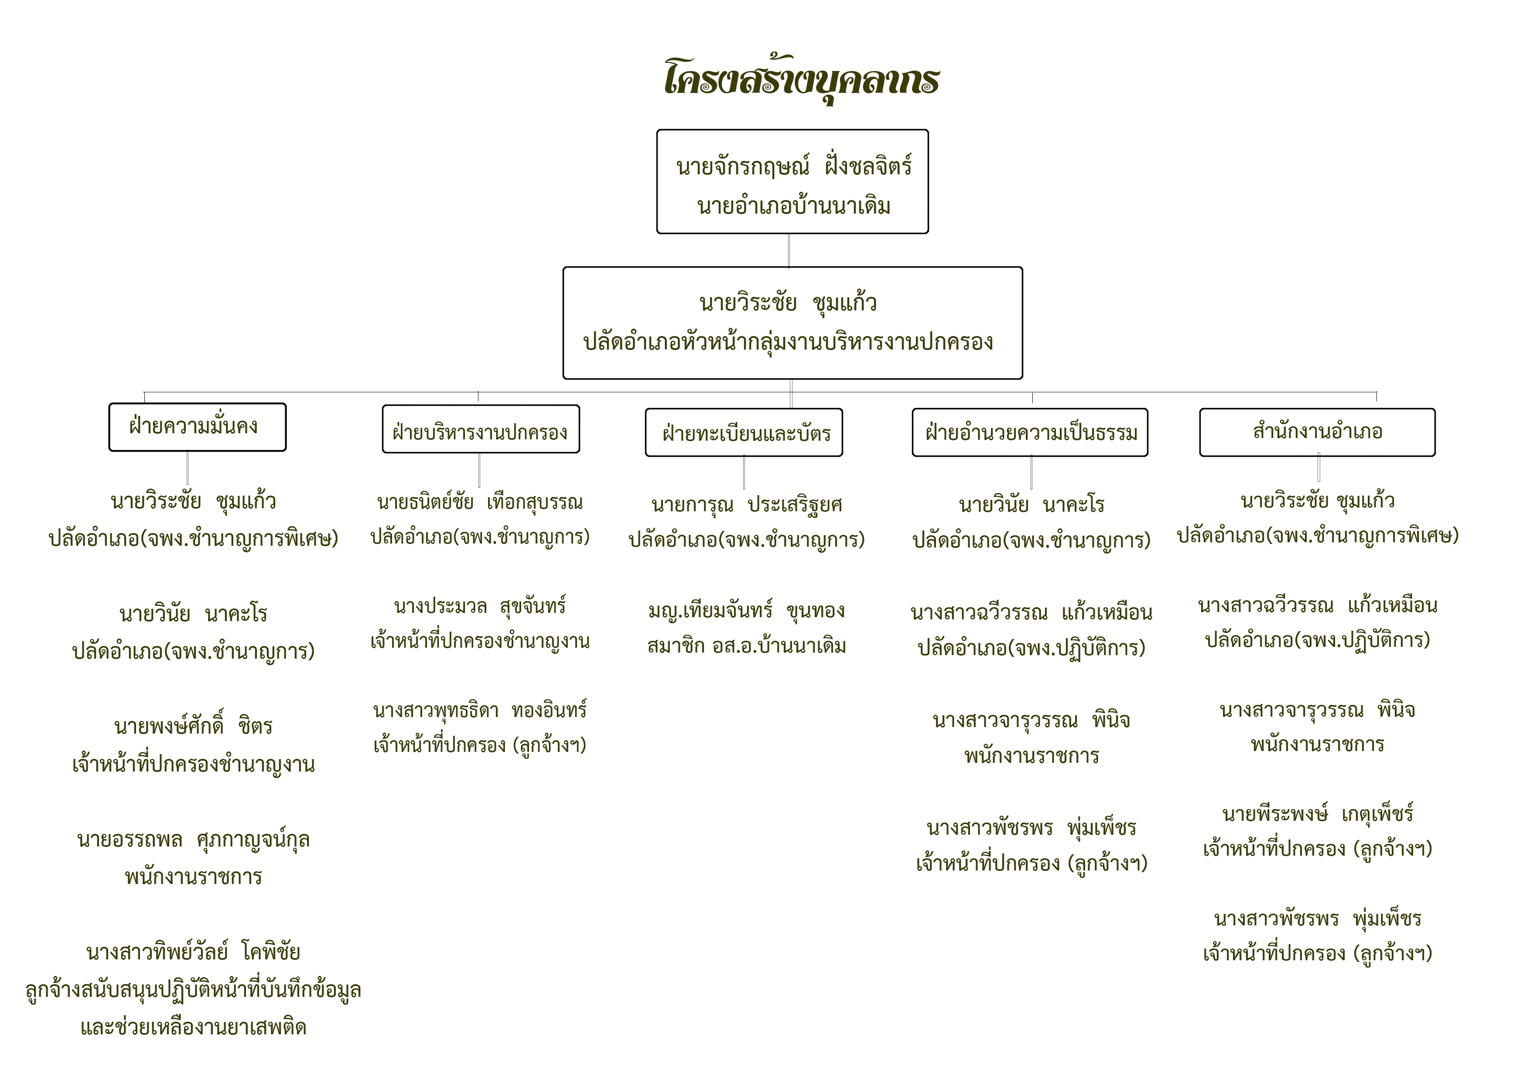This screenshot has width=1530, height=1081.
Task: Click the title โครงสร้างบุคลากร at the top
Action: coord(802,78)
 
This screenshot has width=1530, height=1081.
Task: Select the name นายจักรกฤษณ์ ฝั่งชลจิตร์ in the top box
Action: coord(794,165)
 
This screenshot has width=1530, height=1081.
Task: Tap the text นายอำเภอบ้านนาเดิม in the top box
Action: coord(794,206)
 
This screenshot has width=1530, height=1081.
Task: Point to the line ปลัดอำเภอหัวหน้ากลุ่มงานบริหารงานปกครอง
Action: coord(788,342)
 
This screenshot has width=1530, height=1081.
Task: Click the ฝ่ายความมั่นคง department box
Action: coord(197,427)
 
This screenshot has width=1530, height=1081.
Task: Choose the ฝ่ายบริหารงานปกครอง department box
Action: coord(481,429)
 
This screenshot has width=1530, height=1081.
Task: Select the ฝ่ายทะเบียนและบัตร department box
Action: coord(744,432)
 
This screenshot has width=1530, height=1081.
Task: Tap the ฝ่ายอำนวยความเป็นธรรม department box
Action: coord(1030,432)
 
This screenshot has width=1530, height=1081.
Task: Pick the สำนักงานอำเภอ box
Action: coord(1317,432)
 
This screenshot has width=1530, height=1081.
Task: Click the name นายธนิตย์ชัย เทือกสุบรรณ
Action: coord(480,502)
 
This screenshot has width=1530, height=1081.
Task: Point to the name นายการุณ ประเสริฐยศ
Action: coord(746,505)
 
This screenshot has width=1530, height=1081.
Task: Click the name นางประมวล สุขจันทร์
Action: coord(480,606)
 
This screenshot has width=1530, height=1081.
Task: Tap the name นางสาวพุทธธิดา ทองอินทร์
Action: coord(480,710)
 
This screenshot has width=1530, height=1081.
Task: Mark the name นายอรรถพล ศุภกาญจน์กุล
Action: coord(193,840)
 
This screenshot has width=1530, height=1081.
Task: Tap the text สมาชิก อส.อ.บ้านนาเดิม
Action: coord(746,646)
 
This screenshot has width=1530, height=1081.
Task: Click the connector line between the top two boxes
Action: coord(789,251)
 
